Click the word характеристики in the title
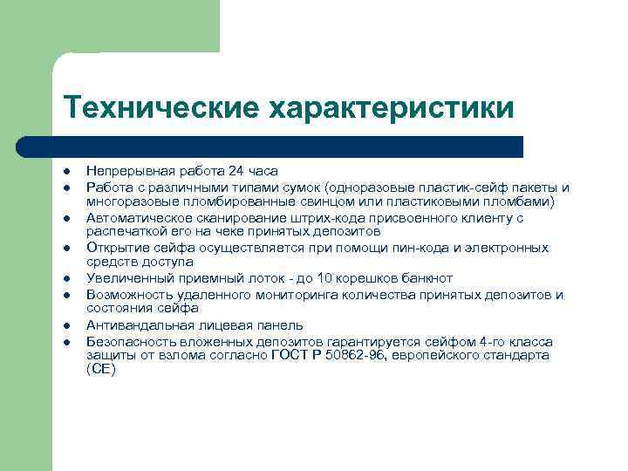pyautogui.click(x=391, y=108)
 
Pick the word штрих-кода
pyautogui.click(x=309, y=217)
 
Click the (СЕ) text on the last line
pyautogui.click(x=100, y=370)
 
